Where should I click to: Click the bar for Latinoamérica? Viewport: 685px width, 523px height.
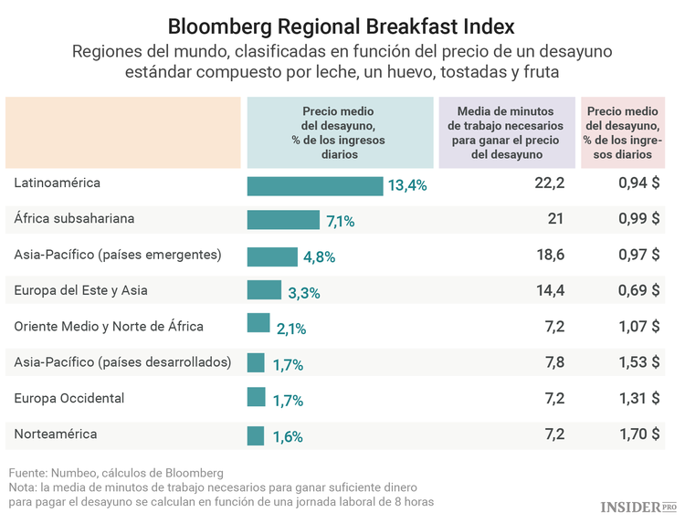315,185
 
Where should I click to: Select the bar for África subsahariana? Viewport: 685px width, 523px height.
283,220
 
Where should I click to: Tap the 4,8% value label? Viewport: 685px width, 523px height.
319,256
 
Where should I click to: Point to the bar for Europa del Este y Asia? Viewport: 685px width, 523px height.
264,291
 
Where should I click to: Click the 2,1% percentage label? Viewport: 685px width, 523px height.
290,329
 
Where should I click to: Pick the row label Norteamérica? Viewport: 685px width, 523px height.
56,434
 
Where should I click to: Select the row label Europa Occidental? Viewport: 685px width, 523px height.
69,398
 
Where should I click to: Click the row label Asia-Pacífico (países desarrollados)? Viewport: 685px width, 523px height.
122,362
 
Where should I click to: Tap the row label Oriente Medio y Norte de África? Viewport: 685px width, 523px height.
109,326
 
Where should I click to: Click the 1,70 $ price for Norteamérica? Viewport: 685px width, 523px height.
638,434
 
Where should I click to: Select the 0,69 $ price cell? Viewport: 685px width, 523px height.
638,290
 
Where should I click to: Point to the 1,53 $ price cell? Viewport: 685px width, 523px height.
638,362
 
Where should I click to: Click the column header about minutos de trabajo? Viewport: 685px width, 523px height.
507,131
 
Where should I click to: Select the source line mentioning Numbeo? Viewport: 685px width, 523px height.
116,473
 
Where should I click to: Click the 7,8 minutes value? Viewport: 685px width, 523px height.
554,362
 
